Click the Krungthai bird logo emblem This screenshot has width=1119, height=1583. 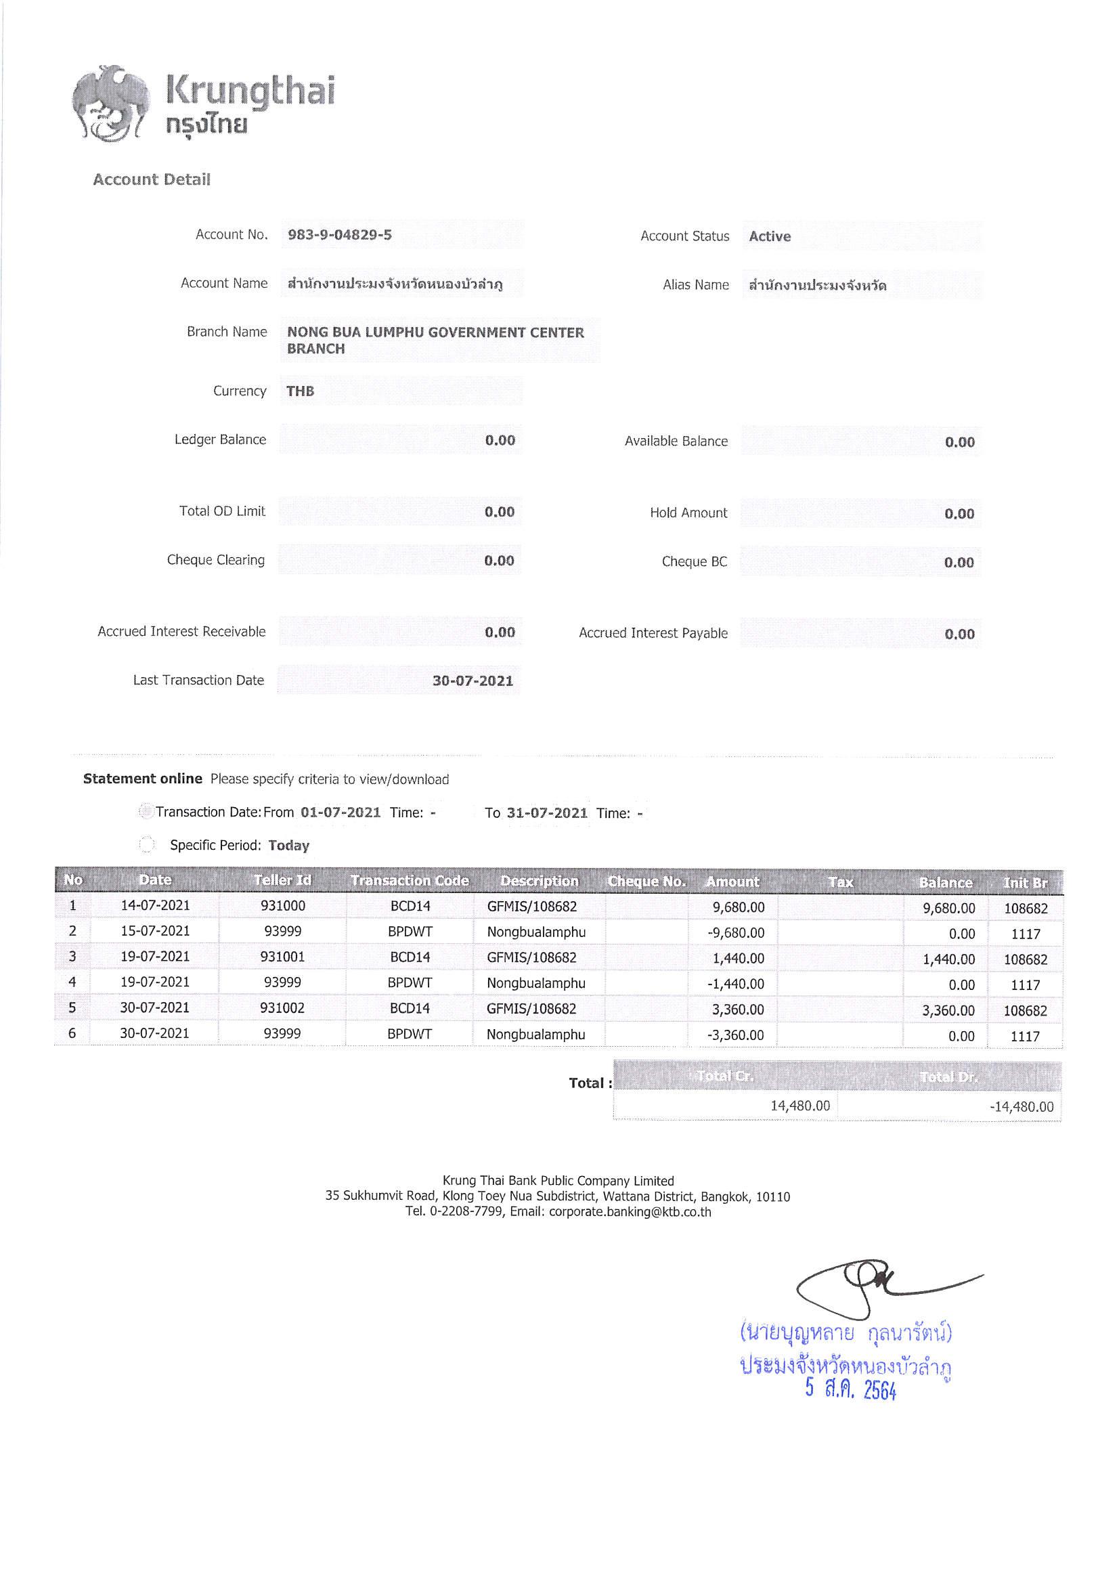pyautogui.click(x=110, y=104)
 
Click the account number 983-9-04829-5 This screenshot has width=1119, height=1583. pyautogui.click(x=339, y=234)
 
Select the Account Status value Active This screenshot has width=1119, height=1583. pyautogui.click(x=770, y=236)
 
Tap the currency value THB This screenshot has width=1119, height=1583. pyautogui.click(x=300, y=391)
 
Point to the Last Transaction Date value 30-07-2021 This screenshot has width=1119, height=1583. pyautogui.click(x=473, y=680)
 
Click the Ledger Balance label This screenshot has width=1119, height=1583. pyautogui.click(x=220, y=439)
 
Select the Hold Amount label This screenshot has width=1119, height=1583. pyautogui.click(x=688, y=513)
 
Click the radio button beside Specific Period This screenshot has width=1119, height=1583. pyautogui.click(x=146, y=844)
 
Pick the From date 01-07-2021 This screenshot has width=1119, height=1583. pyautogui.click(x=341, y=812)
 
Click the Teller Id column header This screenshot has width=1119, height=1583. pyautogui.click(x=282, y=880)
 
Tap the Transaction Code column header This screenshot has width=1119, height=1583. pyautogui.click(x=410, y=880)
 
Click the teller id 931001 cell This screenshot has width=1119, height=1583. pyautogui.click(x=282, y=956)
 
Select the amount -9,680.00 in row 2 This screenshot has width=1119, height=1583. pyautogui.click(x=736, y=933)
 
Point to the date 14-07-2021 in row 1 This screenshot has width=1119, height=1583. pyautogui.click(x=155, y=905)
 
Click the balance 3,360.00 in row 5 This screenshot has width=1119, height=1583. pyautogui.click(x=948, y=1010)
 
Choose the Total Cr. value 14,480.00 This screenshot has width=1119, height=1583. pyautogui.click(x=799, y=1105)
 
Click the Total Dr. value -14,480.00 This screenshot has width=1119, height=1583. pyautogui.click(x=1021, y=1106)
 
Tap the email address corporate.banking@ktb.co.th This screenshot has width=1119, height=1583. pyautogui.click(x=630, y=1211)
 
